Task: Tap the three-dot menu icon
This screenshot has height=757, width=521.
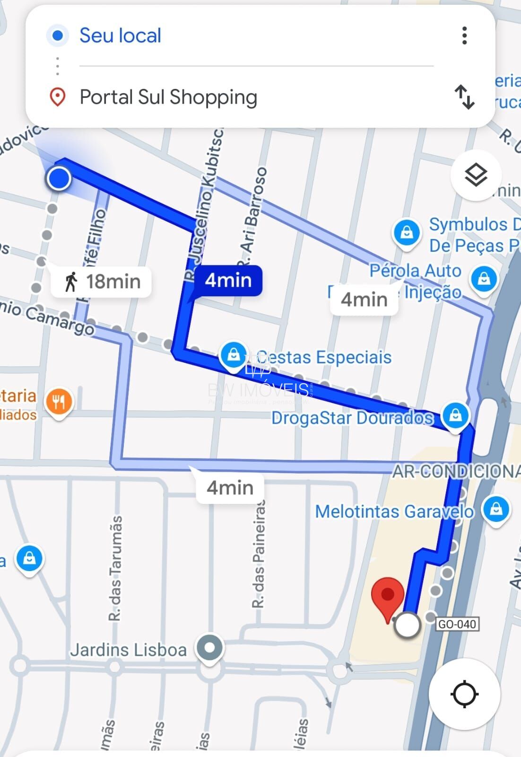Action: [465, 35]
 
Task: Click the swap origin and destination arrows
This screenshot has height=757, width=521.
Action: [464, 97]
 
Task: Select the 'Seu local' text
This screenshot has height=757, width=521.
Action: [120, 35]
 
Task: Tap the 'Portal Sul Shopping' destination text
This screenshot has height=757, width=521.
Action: [168, 97]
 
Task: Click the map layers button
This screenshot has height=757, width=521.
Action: [475, 176]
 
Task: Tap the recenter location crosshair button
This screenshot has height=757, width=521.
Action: [464, 695]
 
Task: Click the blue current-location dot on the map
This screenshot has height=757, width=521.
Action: [59, 179]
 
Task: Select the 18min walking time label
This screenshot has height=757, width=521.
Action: [102, 282]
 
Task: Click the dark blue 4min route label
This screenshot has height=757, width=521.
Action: [228, 281]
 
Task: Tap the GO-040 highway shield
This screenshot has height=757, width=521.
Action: [457, 624]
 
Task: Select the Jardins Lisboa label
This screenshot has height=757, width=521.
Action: [128, 650]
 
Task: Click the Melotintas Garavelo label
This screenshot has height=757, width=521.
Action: [394, 511]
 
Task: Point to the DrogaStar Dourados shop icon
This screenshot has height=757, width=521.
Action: [455, 415]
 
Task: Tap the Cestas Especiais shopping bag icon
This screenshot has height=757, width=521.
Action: [234, 354]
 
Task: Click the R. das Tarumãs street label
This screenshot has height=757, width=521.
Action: [115, 568]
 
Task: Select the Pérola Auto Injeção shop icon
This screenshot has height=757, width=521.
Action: [484, 279]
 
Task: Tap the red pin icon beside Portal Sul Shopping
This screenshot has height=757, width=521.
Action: [58, 97]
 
